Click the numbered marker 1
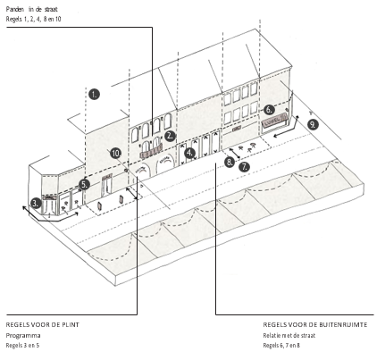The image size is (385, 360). (x=94, y=95)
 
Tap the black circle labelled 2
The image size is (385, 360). (x=170, y=136)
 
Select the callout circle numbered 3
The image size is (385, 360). (x=36, y=204)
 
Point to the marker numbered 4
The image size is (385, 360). (x=189, y=154)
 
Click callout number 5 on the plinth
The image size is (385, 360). (x=84, y=184)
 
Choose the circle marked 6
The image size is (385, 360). (x=269, y=110)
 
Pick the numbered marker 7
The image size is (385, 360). (x=244, y=167)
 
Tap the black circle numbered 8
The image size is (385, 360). (x=230, y=162)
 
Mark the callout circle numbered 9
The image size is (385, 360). (x=313, y=124)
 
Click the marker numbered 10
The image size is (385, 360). (x=116, y=154)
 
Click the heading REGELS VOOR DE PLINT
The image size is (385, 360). (x=43, y=325)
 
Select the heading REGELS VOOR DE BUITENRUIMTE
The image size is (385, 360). (x=315, y=325)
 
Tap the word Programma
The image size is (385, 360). (x=23, y=336)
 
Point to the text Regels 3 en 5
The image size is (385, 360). (x=22, y=346)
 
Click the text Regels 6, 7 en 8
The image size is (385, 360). (x=281, y=346)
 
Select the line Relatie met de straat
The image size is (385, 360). (x=289, y=336)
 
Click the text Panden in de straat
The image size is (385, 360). (x=31, y=9)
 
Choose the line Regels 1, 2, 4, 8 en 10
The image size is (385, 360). (x=33, y=19)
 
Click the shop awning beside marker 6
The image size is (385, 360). (x=275, y=119)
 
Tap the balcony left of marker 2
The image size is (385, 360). (x=151, y=152)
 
